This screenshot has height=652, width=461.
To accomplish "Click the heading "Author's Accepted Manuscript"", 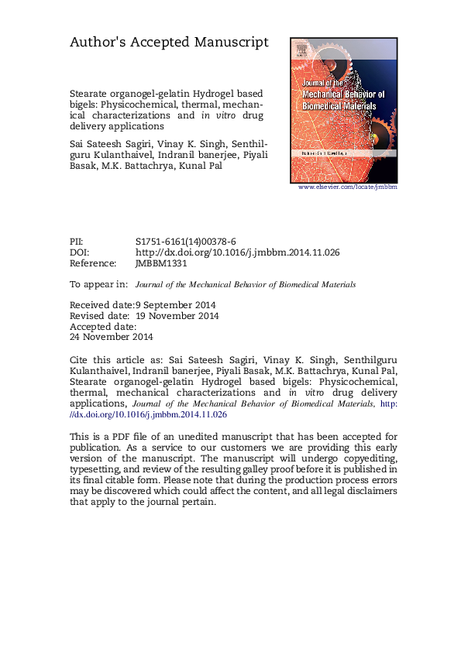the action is (169, 43).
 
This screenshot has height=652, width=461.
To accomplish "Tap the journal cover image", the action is (342, 108).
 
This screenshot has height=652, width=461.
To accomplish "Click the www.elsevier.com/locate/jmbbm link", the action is (347, 187).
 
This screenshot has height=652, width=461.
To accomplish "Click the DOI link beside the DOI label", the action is (238, 252).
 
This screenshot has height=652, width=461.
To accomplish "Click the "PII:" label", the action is (78, 242).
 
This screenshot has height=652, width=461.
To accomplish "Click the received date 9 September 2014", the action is (176, 305).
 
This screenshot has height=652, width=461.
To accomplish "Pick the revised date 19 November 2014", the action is (177, 316).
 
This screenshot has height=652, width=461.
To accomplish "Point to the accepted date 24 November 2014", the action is (112, 337).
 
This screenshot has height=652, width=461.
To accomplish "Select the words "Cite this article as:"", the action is (113, 362).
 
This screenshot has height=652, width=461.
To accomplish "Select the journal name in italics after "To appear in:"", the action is (246, 284).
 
